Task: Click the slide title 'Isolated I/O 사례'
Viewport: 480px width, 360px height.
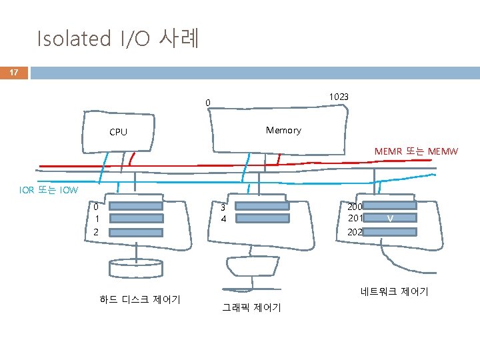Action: (117, 38)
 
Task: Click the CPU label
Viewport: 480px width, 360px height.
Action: (118, 132)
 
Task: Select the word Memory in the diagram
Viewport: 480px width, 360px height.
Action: (283, 130)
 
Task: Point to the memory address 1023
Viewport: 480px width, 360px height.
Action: (338, 97)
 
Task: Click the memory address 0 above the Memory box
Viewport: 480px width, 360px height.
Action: (208, 102)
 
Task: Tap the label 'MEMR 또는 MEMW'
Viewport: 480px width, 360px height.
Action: (416, 151)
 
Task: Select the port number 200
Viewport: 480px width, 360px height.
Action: (356, 207)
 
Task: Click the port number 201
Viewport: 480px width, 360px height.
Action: (356, 218)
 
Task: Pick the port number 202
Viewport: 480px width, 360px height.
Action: (356, 232)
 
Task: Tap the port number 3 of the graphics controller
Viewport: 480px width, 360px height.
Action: (223, 207)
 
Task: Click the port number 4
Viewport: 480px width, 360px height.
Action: (223, 219)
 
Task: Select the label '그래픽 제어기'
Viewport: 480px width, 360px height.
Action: (251, 307)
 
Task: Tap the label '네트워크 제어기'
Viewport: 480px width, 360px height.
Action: (394, 291)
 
